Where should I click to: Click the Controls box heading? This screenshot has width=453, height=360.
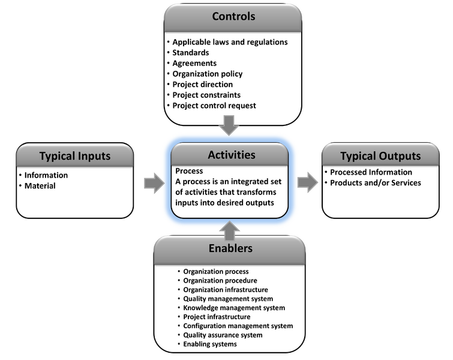point(233,16)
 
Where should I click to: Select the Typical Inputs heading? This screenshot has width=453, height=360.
point(75,156)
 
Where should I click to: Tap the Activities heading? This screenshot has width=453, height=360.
point(231,155)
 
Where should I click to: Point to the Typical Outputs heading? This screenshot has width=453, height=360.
point(380,156)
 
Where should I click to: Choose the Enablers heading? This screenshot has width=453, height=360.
point(231,248)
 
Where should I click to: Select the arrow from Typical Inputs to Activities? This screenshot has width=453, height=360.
point(154,182)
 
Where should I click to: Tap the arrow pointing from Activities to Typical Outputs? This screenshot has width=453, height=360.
point(307,182)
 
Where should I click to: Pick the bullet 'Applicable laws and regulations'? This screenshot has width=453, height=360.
point(230,42)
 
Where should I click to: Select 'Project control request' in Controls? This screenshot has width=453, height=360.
point(214,106)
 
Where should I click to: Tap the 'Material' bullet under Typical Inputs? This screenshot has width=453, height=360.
point(40,185)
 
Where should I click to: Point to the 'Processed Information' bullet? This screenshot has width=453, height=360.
point(371,172)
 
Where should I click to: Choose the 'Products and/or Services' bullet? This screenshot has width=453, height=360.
point(376,182)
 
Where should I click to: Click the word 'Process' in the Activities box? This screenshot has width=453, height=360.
point(189,171)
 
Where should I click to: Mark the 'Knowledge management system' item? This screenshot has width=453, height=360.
point(234,308)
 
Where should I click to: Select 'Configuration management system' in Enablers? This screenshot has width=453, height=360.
point(238,326)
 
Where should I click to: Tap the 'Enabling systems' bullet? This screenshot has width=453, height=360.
point(210,344)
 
